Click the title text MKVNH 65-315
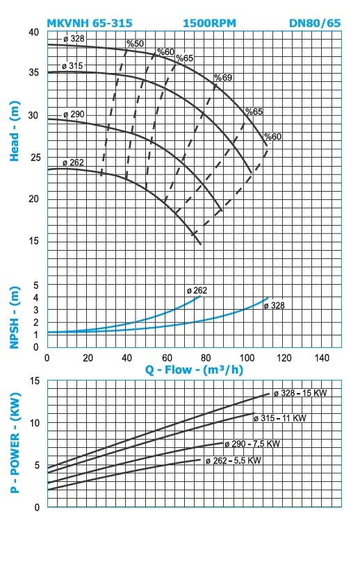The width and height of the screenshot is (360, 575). pyautogui.click(x=90, y=23)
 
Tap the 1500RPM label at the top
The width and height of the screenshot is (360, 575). pyautogui.click(x=209, y=23)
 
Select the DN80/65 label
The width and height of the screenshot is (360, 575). pyautogui.click(x=315, y=23)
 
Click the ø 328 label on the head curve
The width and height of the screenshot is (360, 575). pyautogui.click(x=74, y=38)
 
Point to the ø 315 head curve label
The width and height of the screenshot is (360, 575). pyautogui.click(x=72, y=66)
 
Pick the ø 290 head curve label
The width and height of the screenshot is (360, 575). pyautogui.click(x=74, y=114)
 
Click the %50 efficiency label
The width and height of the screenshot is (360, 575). pyautogui.click(x=135, y=43)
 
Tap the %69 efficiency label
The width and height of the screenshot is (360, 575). pyautogui.click(x=223, y=77)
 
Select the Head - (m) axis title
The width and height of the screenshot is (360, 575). pyautogui.click(x=15, y=131)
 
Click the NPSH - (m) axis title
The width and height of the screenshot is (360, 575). pyautogui.click(x=15, y=317)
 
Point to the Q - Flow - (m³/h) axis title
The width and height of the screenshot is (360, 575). pyautogui.click(x=194, y=369)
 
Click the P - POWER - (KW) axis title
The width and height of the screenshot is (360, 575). pyautogui.click(x=15, y=443)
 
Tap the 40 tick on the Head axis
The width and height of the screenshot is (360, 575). pyautogui.click(x=33, y=32)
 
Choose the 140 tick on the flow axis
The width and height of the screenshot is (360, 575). pyautogui.click(x=322, y=358)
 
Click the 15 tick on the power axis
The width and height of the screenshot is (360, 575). pyautogui.click(x=35, y=381)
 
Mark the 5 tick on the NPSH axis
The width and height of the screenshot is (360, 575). pyautogui.click(x=36, y=285)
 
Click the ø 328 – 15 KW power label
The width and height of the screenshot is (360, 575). pyautogui.click(x=300, y=393)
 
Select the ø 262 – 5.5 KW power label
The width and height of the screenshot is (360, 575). pyautogui.click(x=234, y=460)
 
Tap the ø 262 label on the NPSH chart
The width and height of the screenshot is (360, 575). pyautogui.click(x=197, y=290)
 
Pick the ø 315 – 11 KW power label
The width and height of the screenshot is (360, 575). pyautogui.click(x=279, y=418)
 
